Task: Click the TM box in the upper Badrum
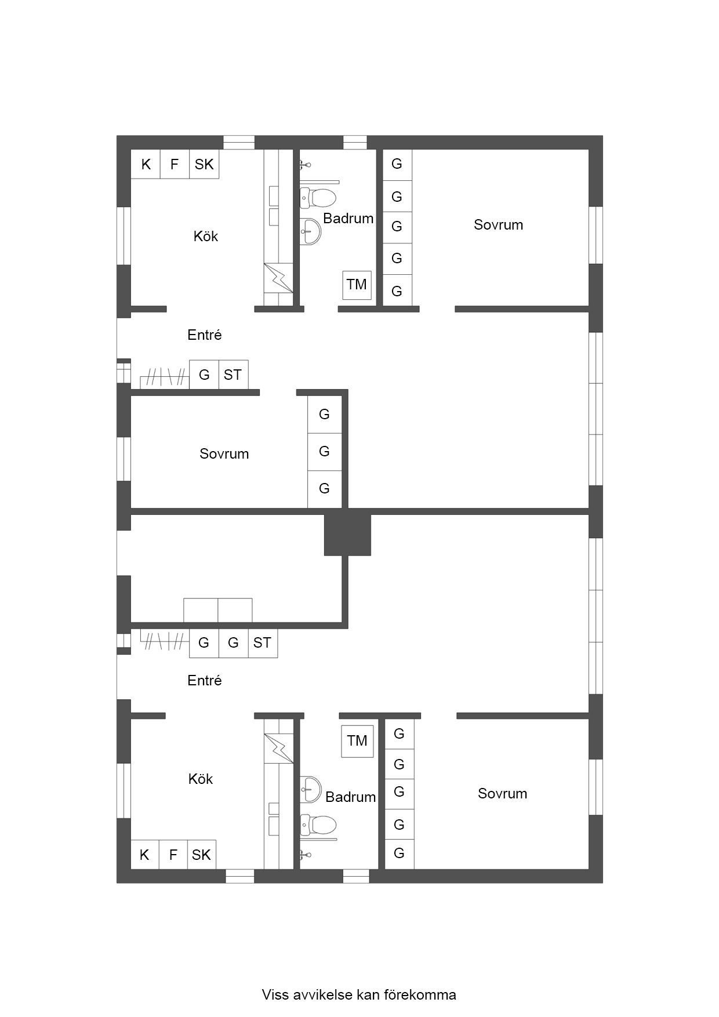coord(357,285)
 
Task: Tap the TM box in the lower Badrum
coord(357,741)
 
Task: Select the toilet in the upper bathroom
coord(318,198)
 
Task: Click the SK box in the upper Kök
coord(204,164)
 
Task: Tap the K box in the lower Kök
coord(145,855)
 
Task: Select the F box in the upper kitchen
coord(175,164)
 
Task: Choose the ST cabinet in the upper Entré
coord(233,375)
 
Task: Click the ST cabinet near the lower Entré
coord(263,643)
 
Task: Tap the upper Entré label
coord(205,335)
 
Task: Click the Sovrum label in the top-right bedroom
coord(499,225)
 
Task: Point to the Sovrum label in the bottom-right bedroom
coord(503,794)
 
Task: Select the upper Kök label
coord(206,236)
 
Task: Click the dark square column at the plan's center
coord(347,534)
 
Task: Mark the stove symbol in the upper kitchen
coord(279,278)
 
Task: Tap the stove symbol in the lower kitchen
coord(279,749)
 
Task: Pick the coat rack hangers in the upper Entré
coord(165,377)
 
